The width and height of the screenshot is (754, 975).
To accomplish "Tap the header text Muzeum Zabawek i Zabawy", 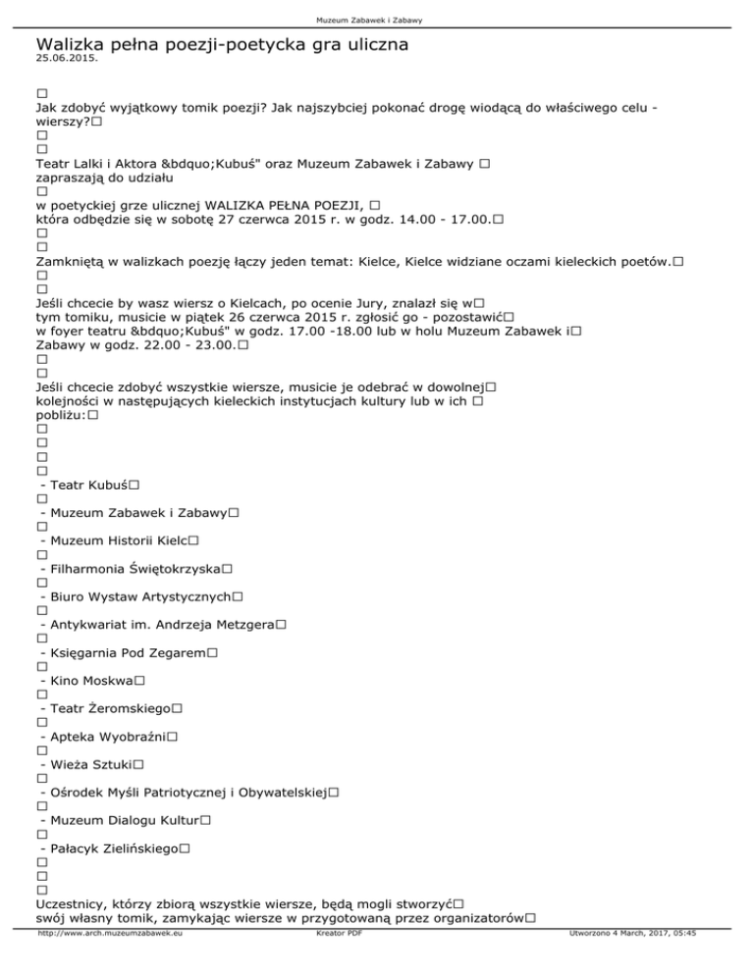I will pos(376,21).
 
